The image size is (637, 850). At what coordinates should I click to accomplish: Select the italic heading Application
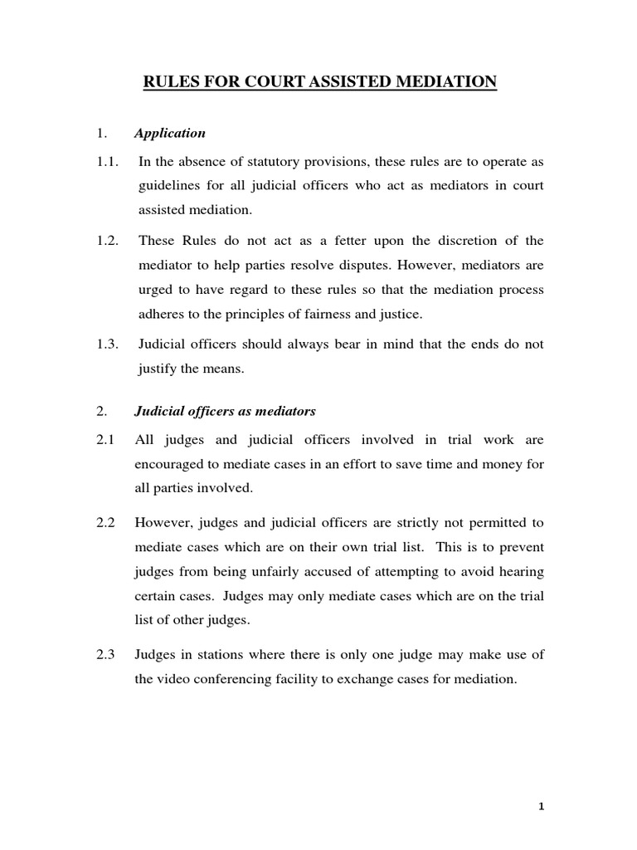pos(170,133)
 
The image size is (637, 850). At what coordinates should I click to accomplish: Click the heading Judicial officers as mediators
pos(225,412)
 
